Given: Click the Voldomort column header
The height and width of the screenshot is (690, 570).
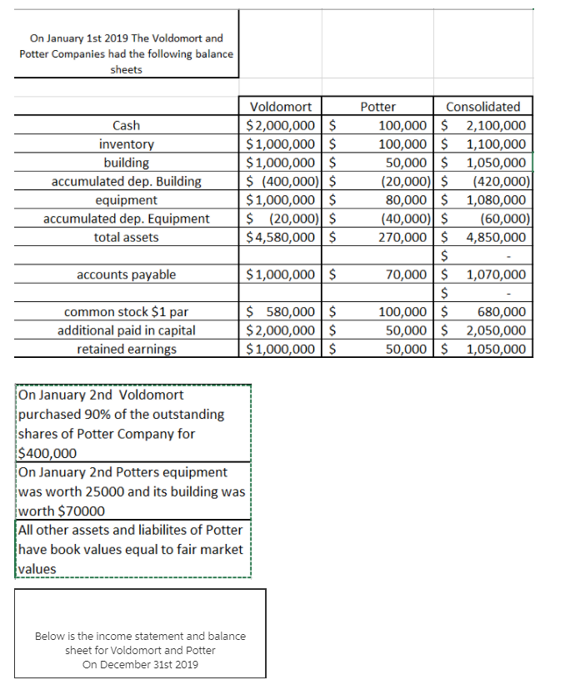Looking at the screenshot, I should point(281,107).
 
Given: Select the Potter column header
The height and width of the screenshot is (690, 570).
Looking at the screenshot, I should point(377,107).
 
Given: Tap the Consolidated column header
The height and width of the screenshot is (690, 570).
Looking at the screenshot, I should point(483,107).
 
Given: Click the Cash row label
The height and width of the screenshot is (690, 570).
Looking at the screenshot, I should point(126,126).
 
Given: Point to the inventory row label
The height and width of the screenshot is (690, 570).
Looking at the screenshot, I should point(126,144).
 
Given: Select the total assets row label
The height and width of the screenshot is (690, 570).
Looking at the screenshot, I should point(126,237).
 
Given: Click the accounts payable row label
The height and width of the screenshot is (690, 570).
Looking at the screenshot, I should point(126,274).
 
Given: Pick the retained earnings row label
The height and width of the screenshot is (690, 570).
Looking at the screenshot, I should point(126,349).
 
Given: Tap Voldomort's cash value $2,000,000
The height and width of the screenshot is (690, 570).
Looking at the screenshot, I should point(281,126).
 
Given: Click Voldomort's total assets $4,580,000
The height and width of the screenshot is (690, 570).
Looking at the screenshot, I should point(281,237).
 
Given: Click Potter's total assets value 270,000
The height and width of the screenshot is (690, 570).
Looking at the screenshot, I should point(404,237).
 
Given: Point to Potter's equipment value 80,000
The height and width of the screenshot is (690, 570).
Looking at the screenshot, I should point(408,200).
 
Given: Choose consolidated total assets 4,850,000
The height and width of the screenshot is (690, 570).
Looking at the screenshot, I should point(496,237).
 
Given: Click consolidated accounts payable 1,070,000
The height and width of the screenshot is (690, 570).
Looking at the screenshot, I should point(496,274).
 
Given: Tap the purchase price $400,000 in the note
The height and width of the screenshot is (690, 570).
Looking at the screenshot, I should point(47,454).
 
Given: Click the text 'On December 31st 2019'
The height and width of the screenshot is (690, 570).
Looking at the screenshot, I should point(140,664).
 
